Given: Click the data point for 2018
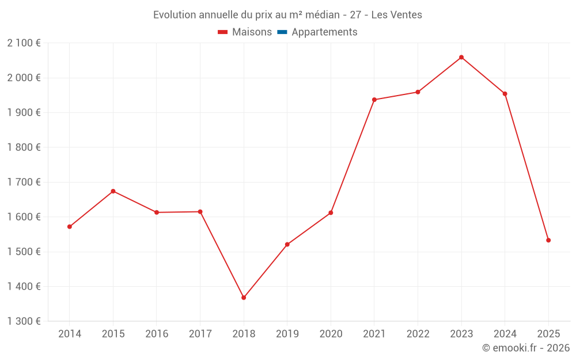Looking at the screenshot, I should (244, 298).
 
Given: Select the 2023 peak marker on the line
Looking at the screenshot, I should (461, 57).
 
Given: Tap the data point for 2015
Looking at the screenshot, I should (113, 191).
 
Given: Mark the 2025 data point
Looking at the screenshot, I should (548, 240).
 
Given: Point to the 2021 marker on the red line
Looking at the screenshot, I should (374, 100).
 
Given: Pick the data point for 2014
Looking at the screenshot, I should (70, 226).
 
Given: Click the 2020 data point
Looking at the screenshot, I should (331, 213).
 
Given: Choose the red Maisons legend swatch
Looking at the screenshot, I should (223, 32).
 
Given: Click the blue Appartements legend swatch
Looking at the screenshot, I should (282, 32).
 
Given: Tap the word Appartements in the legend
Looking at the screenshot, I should (324, 32).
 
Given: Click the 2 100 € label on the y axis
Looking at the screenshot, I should (24, 43).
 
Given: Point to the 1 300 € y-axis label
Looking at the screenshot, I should (24, 321).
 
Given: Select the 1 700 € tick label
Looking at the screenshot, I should (24, 182).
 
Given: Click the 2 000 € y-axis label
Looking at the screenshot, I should (24, 78).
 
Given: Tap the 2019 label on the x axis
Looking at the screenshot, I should (287, 334).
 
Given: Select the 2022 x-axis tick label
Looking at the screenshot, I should (418, 334).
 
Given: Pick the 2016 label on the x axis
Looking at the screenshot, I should (157, 334).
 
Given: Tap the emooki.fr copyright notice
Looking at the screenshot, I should (525, 348).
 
